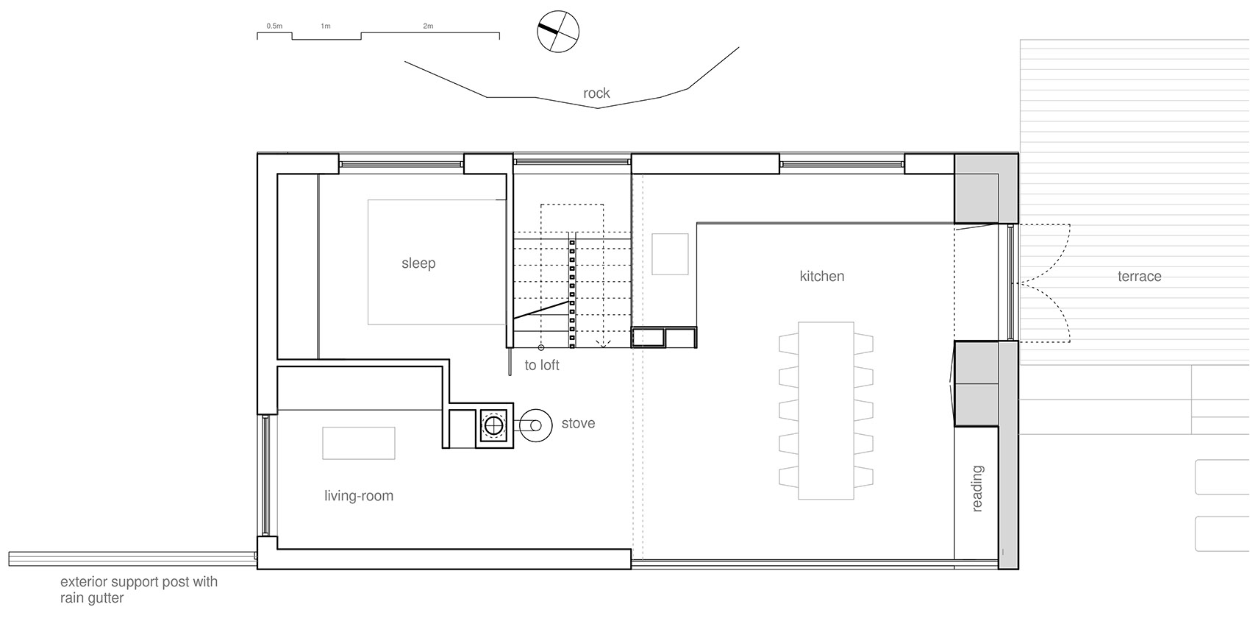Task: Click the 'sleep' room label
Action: click(x=418, y=263)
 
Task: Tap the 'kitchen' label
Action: click(x=821, y=277)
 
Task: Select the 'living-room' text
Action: click(x=359, y=496)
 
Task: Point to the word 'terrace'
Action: click(x=1139, y=277)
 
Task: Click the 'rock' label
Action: click(x=596, y=93)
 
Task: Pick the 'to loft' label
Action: click(x=542, y=365)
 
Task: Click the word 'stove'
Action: click(x=578, y=423)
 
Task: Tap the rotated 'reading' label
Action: click(x=977, y=489)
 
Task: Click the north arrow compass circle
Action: click(x=558, y=32)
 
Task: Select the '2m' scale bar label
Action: click(x=428, y=26)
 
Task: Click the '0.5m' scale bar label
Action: click(x=274, y=26)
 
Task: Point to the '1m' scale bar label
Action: click(x=326, y=26)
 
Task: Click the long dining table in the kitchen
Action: click(x=826, y=411)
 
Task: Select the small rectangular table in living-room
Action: click(x=359, y=444)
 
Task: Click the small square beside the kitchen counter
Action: click(x=670, y=255)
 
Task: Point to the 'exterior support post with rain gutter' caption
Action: click(x=139, y=590)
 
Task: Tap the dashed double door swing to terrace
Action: click(x=1044, y=283)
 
